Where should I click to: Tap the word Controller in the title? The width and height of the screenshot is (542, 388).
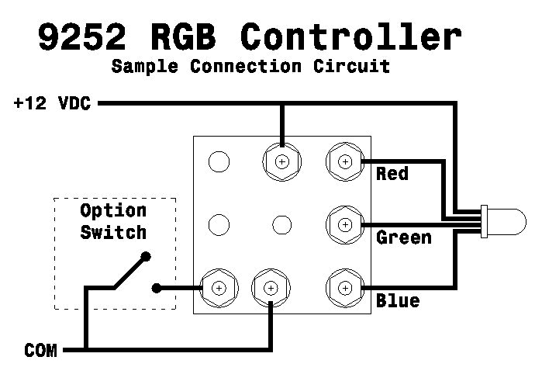click(x=351, y=37)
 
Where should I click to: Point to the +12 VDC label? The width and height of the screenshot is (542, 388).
click(x=52, y=103)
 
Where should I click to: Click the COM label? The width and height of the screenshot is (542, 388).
click(x=40, y=351)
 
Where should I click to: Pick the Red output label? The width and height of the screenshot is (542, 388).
click(x=392, y=173)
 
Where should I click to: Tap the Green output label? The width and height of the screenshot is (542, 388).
click(x=403, y=236)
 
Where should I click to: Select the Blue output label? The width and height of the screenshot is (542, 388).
click(x=398, y=300)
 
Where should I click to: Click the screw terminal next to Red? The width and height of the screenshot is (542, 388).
click(x=344, y=161)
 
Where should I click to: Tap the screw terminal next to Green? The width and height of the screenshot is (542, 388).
click(x=344, y=225)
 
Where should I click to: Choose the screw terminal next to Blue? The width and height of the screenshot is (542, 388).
click(x=344, y=288)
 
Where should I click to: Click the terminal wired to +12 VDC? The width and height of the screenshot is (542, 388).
click(x=281, y=161)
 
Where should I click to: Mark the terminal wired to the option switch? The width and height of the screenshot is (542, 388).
click(x=218, y=288)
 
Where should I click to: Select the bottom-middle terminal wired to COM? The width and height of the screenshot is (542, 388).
click(x=271, y=288)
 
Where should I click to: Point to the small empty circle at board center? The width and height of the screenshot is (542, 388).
click(x=281, y=225)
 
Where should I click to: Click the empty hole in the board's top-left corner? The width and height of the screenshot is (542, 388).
click(x=219, y=161)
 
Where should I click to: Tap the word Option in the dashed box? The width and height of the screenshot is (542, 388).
click(x=113, y=211)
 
